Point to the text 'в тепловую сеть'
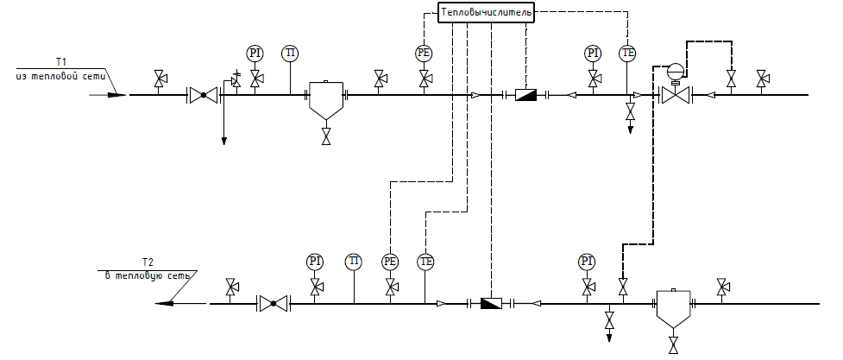click(x=142, y=275)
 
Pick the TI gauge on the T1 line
click(x=290, y=54)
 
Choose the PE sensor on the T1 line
click(x=424, y=54)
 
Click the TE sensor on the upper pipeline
click(x=628, y=54)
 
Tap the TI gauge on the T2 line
click(x=354, y=261)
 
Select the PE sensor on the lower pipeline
click(x=391, y=261)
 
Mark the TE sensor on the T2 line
click(x=425, y=261)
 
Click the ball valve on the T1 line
click(x=204, y=95)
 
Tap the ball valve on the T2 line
click(x=274, y=303)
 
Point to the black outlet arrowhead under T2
click(x=166, y=303)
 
